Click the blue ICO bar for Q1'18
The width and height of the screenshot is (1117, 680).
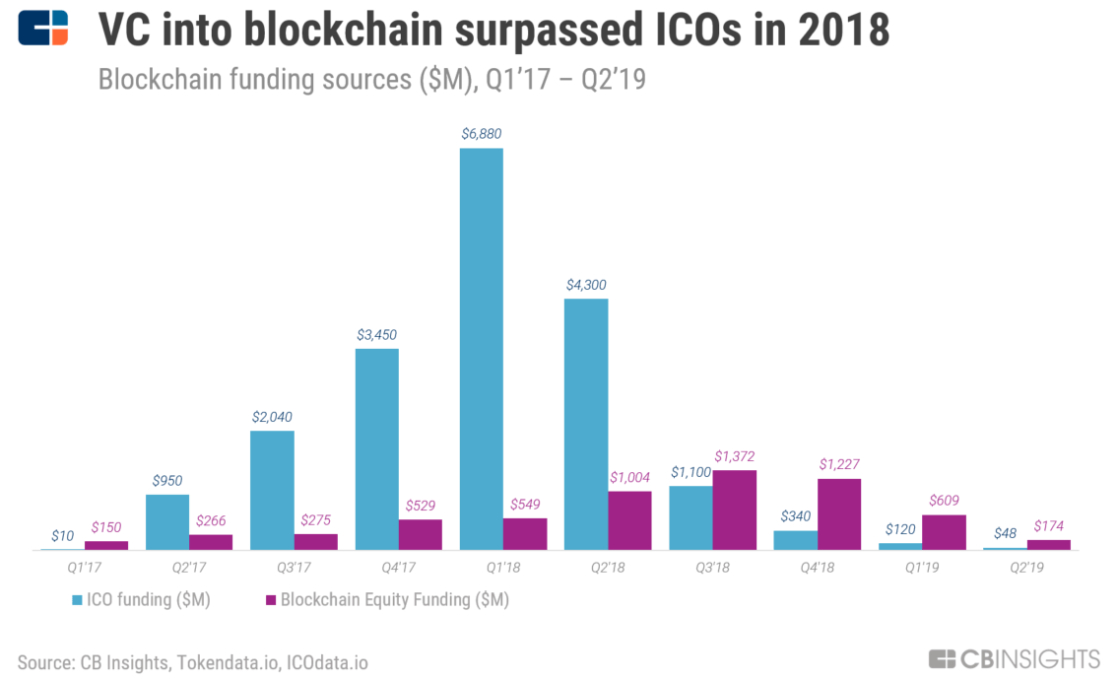[x=482, y=349]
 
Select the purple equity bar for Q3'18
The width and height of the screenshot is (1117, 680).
[x=735, y=510]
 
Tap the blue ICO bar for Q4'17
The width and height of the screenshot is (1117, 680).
[x=377, y=449]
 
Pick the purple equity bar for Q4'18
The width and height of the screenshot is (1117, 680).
[x=839, y=513]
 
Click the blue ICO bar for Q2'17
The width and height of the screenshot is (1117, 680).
[x=167, y=521]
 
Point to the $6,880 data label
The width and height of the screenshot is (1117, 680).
[x=482, y=134]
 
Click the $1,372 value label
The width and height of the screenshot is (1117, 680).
[x=735, y=456]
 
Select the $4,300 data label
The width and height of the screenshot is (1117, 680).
[x=586, y=285]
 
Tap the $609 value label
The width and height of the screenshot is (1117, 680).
[x=944, y=501]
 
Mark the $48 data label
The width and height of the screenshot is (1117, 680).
[x=1005, y=533]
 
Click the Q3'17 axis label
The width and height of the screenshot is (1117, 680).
[x=294, y=568]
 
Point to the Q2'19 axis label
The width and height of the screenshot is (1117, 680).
[x=1026, y=568]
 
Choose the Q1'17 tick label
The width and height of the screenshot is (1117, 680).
[x=84, y=568]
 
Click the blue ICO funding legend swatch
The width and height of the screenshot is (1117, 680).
[x=77, y=600]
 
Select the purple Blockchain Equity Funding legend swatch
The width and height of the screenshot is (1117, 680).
[x=271, y=600]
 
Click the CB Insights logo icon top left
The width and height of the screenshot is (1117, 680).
[x=43, y=28]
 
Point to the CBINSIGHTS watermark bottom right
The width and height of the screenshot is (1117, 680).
[x=1015, y=659]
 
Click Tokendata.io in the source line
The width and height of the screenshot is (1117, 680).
[x=228, y=663]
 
